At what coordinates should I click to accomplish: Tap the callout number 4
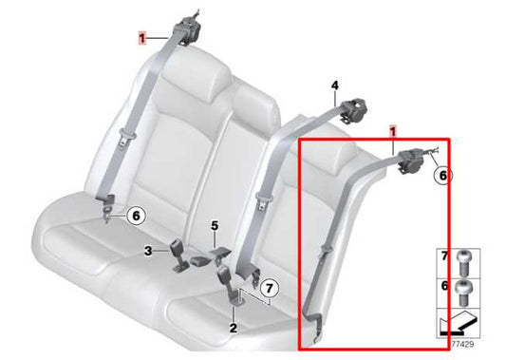pos(334,86)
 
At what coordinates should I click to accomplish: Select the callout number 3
pos(149,250)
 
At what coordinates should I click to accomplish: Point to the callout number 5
pos(215,225)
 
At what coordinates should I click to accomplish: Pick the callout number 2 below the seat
pos(233,327)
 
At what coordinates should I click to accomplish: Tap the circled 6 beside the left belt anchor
pos(136,217)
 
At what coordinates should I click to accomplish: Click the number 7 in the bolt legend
pos(443,256)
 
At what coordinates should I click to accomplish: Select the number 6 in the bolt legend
pos(443,286)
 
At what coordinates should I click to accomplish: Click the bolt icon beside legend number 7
pos(464,257)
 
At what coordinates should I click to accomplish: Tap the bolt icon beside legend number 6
pos(464,287)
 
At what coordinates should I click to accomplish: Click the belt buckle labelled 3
pos(179,256)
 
